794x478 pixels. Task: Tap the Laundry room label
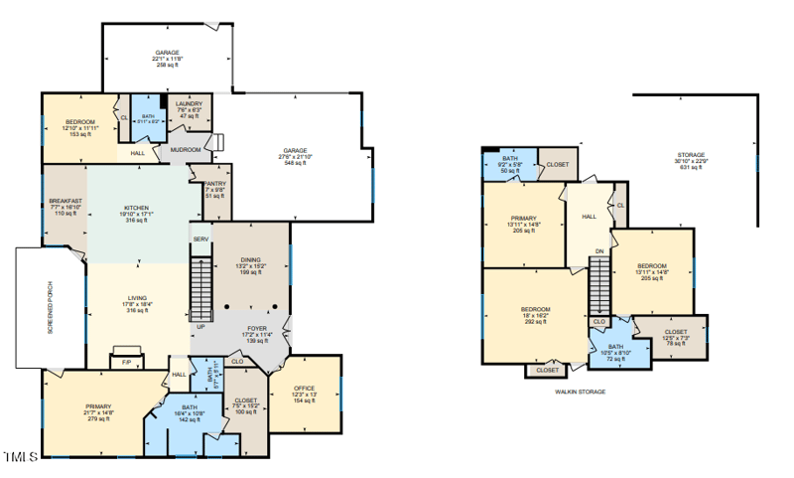189,103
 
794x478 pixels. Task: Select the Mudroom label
186,150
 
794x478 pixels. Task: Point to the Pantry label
215,184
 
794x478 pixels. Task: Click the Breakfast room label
64,202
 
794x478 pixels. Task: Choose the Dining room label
249,259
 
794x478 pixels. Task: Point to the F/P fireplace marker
126,363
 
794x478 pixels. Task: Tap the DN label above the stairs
598,250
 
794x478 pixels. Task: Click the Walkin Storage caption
580,392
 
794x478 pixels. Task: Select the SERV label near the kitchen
200,239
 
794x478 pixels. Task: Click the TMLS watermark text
20,456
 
